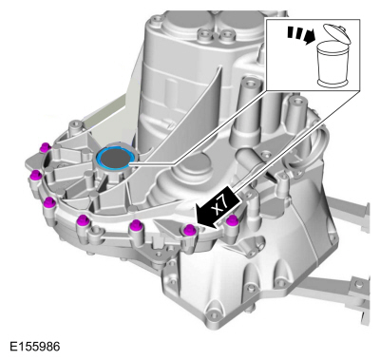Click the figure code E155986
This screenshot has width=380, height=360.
pyautogui.click(x=34, y=347)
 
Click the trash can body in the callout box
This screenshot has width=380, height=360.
pyautogui.click(x=333, y=65)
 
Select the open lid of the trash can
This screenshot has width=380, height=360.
pyautogui.click(x=337, y=33)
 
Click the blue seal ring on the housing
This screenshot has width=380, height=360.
pyautogui.click(x=114, y=158)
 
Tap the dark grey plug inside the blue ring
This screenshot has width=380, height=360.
pyautogui.click(x=114, y=157)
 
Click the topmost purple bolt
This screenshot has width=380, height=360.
pyautogui.click(x=46, y=147)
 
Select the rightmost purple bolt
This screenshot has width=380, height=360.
pyautogui.click(x=232, y=220)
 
